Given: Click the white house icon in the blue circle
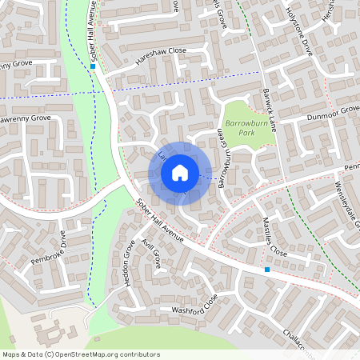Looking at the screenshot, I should pyautogui.click(x=180, y=171).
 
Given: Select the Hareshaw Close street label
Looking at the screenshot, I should pyautogui.click(x=160, y=50).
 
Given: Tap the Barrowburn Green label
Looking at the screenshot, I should pyautogui.click(x=223, y=158).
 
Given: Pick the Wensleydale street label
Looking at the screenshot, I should pyautogui.click(x=345, y=204).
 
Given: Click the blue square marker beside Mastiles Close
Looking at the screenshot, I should pyautogui.click(x=267, y=270).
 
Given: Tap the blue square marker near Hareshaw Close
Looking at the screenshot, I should pyautogui.click(x=93, y=67).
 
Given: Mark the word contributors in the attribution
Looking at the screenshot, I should pyautogui.click(x=142, y=354).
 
